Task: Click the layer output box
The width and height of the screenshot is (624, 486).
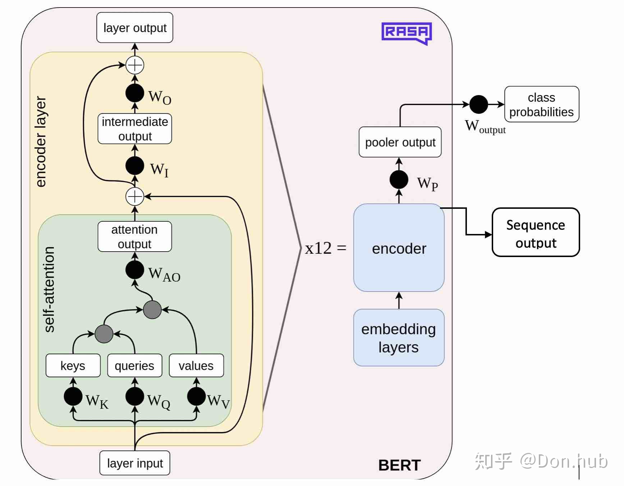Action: [135, 28]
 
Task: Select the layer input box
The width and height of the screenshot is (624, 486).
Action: [135, 463]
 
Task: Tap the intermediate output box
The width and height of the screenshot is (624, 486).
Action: [135, 129]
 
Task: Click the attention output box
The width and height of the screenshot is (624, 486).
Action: [135, 237]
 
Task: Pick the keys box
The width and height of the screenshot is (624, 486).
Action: [73, 366]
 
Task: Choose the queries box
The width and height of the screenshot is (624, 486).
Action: [135, 366]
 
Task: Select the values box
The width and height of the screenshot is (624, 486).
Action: [196, 366]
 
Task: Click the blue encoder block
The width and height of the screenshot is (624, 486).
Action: [399, 248]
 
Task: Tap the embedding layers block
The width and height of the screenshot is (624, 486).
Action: [399, 338]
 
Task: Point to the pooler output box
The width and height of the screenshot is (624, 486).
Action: [400, 142]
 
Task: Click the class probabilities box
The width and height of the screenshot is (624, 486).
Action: [542, 104]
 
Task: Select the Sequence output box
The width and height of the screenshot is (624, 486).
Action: [536, 233]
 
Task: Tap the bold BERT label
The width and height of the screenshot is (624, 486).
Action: [399, 465]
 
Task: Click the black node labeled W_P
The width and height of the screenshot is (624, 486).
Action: [399, 179]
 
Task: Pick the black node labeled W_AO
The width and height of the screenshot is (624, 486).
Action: [135, 270]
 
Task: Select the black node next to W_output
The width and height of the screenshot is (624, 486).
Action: [478, 104]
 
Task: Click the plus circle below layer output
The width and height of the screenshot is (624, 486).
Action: [135, 65]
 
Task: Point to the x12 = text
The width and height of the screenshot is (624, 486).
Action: [325, 248]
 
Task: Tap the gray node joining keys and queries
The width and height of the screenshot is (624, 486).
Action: [104, 334]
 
